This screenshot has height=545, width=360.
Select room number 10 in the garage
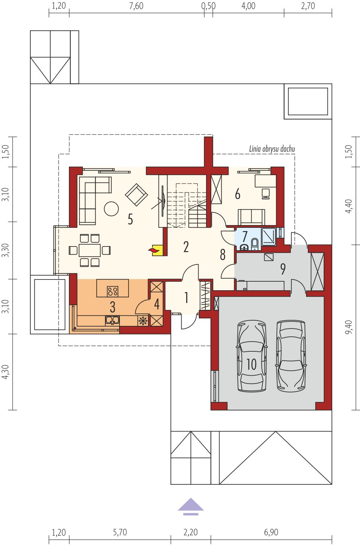pos(251,364)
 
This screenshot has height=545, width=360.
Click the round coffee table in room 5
pos(111,209)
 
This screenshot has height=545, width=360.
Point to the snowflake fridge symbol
pos(143,321)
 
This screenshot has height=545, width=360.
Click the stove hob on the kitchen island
pos(113,291)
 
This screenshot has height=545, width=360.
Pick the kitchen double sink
pos(112,320)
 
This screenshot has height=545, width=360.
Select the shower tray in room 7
pos(269,236)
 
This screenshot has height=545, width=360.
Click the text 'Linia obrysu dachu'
pos(272,149)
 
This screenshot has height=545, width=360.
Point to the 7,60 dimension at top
pos(136,6)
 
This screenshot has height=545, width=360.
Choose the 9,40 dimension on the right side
pos(348,327)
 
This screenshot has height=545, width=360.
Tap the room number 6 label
pos(238,194)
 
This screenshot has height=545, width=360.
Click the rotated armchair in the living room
pos(136,195)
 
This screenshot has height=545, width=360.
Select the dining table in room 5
pos(90,250)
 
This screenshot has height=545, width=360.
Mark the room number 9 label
pos(283,269)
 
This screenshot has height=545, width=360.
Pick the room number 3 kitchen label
pos(112,307)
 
